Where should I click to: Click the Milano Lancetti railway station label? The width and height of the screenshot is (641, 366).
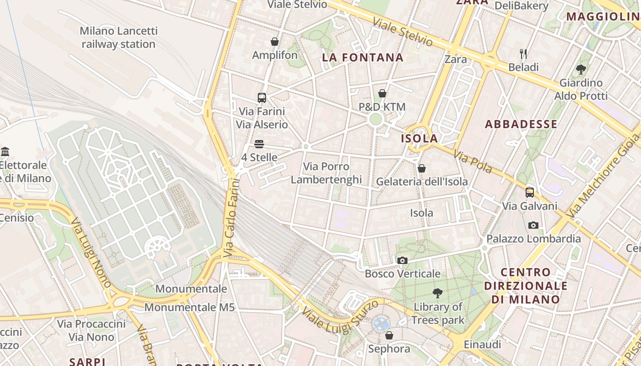119,38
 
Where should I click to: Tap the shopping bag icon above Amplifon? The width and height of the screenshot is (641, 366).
275,42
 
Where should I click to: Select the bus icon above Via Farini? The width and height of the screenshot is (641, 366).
261,97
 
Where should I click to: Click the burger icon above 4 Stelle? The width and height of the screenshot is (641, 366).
259,144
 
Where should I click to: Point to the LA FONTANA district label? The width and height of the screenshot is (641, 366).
363,57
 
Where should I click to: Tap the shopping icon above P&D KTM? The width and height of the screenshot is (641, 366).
382,94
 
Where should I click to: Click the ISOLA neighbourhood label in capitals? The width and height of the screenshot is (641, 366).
419,138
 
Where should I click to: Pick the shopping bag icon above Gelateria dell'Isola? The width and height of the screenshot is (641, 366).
422,168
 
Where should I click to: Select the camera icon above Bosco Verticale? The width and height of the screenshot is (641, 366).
402,260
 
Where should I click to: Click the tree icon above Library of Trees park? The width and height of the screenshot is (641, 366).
438,293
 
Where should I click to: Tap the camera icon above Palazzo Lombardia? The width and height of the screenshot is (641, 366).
533,225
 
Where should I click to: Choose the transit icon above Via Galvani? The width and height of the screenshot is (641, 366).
530,192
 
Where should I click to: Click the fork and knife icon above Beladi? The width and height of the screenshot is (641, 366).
523,54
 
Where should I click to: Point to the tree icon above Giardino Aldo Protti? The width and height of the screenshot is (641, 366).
581,70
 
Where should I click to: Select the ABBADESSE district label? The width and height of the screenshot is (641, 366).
521,124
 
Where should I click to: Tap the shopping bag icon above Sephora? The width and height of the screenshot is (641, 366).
389,335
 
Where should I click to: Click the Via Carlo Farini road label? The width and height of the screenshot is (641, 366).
232,217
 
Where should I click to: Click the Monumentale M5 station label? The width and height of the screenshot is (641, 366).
190,307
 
